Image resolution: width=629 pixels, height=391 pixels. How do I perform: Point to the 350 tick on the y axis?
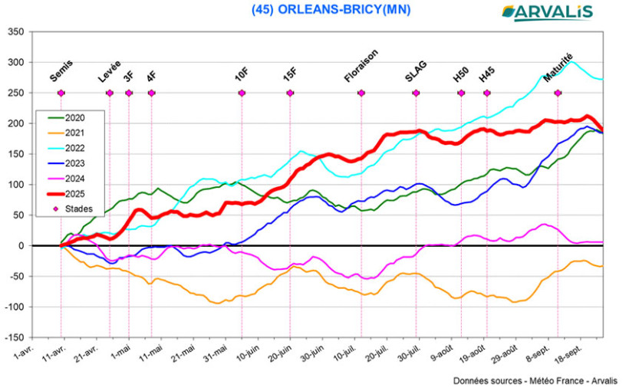(x=16, y=32)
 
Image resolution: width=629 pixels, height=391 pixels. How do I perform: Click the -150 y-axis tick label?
(x=14, y=337)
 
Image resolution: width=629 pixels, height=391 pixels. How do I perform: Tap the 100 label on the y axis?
(x=16, y=185)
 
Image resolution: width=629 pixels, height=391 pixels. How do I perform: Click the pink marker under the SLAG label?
(x=417, y=93)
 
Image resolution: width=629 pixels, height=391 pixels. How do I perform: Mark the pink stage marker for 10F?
(x=242, y=93)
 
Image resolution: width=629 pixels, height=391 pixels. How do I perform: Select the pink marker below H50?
(x=462, y=93)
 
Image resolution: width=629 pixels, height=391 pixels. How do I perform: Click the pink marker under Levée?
(x=109, y=93)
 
